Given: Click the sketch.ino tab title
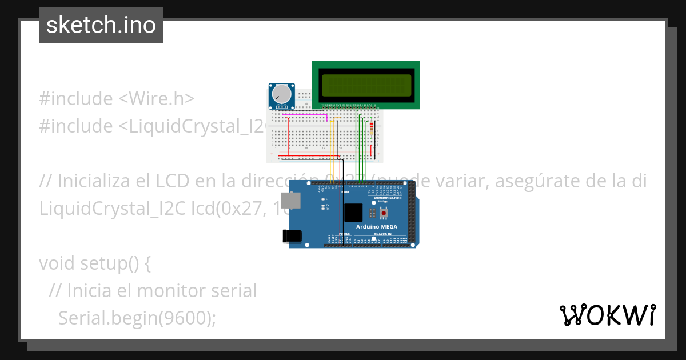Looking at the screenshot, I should click(101, 25).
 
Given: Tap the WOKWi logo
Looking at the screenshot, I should click(607, 315).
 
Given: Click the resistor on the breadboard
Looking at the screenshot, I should click(373, 129).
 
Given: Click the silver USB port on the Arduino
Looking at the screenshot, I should click(293, 200).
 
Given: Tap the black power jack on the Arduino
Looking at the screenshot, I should click(292, 235).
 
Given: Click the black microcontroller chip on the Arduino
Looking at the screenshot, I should click(353, 213).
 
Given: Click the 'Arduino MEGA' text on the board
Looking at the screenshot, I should click(377, 227).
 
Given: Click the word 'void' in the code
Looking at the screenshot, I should click(57, 263).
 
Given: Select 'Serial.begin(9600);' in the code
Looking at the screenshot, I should click(137, 318).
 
